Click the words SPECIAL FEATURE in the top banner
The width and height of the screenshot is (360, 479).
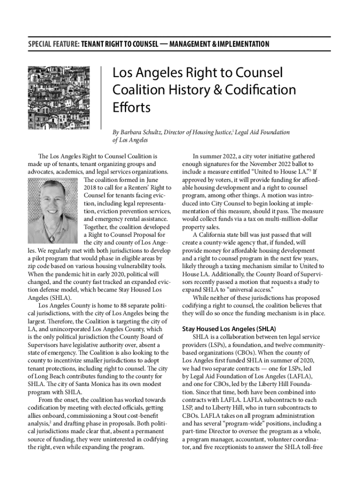(x=53, y=44)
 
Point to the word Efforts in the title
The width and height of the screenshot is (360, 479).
(x=131, y=108)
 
